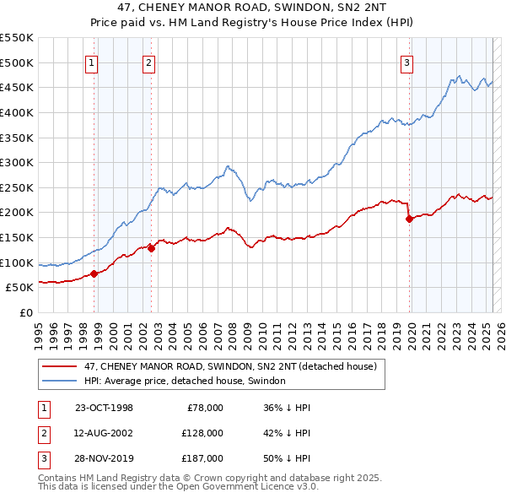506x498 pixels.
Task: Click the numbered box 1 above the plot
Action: tap(90, 62)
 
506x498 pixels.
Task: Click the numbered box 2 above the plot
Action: tap(148, 62)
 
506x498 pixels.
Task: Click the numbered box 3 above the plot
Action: tap(406, 62)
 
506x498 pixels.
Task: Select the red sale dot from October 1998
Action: tap(94, 273)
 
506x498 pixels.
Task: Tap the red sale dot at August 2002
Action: tap(152, 247)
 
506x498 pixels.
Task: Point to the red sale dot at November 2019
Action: tap(410, 219)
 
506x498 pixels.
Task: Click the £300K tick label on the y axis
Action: tap(16, 162)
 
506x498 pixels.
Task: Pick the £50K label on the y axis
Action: tap(19, 288)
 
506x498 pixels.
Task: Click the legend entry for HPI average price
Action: tap(185, 381)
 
